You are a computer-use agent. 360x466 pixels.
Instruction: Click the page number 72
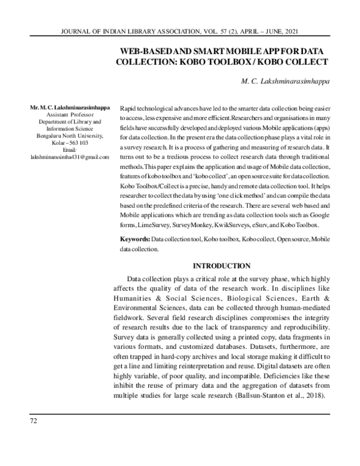pyautogui.click(x=34, y=420)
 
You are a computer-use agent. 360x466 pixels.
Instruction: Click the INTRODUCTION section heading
pyautogui.click(x=221, y=265)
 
